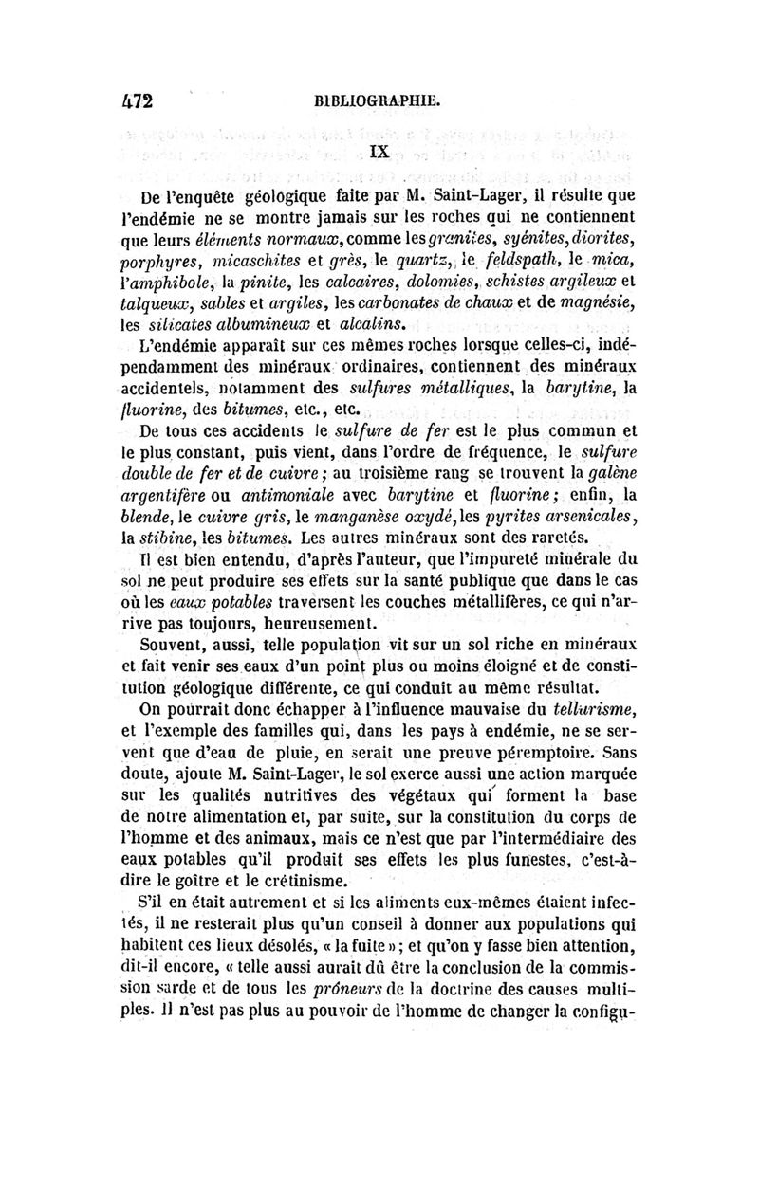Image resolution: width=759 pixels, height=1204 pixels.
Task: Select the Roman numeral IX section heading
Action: pos(379,149)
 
